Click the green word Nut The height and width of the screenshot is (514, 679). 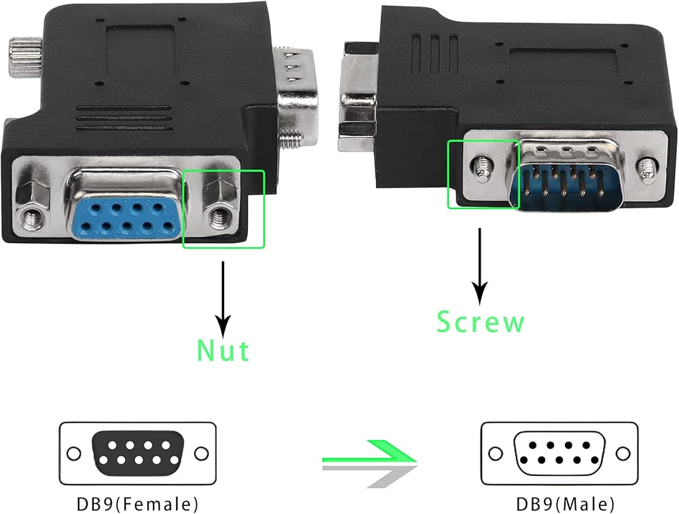[x=223, y=350]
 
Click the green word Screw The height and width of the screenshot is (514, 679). [x=481, y=321]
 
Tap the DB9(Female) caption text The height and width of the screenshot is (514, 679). [x=138, y=504]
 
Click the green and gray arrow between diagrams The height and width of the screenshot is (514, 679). [x=369, y=463]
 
